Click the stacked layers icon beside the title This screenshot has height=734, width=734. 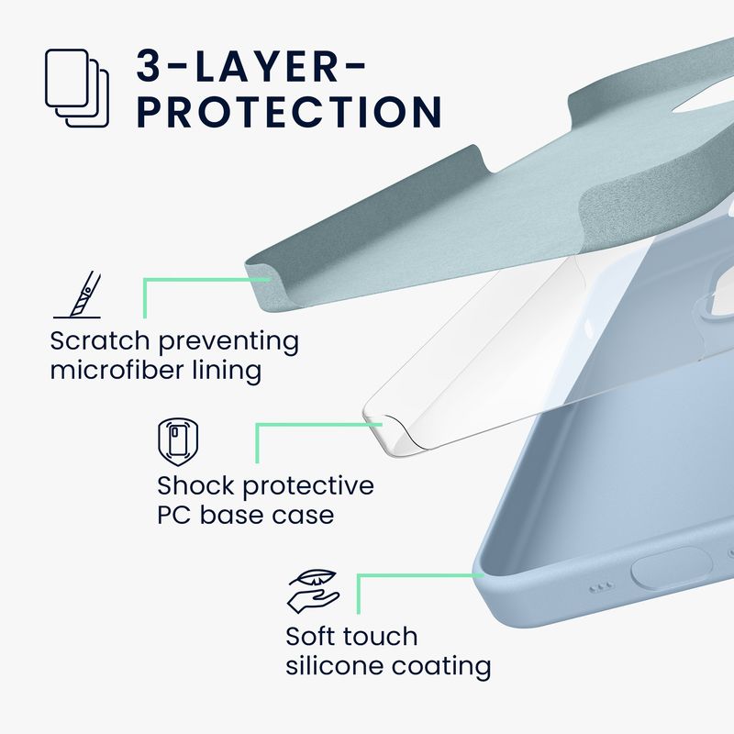(77, 88)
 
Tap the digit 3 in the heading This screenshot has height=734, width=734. (149, 66)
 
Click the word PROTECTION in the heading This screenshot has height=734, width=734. (289, 112)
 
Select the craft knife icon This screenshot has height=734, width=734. (78, 295)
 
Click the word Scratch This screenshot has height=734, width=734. (99, 340)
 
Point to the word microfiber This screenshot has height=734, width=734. (117, 370)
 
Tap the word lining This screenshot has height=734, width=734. (227, 371)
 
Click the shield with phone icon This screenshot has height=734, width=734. (178, 442)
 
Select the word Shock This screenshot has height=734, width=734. (196, 485)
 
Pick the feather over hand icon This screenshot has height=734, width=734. (313, 591)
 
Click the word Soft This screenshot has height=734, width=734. (310, 636)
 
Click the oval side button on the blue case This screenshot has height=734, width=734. (672, 568)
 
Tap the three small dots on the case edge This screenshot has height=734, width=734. (602, 586)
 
